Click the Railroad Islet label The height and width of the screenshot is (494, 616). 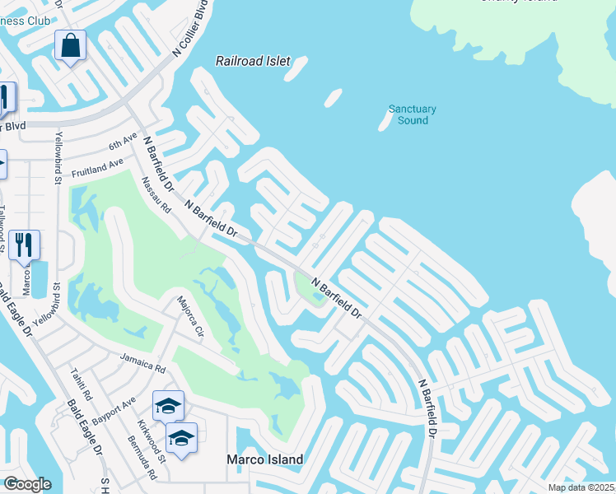coord(249,61)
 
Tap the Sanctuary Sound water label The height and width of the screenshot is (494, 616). coord(412,114)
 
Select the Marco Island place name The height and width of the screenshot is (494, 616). coord(265,459)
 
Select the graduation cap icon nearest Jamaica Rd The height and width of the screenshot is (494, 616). coord(168,404)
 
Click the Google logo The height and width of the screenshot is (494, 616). coord(26,483)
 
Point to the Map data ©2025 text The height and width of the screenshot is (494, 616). coord(580,487)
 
